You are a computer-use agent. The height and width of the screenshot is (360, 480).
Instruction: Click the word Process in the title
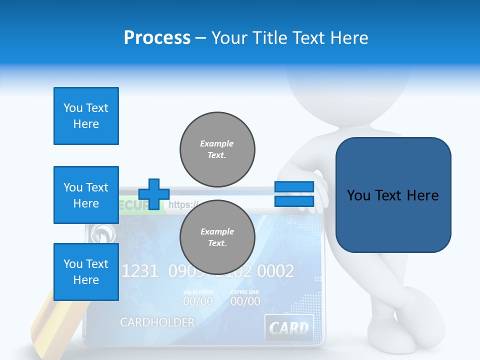(157, 38)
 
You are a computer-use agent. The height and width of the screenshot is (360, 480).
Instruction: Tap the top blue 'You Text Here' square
(86, 116)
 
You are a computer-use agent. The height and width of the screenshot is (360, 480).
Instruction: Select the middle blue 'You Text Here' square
(86, 195)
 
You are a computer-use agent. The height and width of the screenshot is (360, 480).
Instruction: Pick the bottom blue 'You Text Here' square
(86, 272)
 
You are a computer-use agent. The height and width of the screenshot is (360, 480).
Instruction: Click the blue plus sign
(154, 194)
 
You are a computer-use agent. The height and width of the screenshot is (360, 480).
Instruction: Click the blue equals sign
(294, 194)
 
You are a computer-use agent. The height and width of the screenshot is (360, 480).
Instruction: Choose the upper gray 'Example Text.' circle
(217, 149)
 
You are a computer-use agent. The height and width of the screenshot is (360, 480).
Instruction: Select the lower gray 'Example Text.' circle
(217, 237)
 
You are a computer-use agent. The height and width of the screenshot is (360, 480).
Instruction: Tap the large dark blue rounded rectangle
(393, 195)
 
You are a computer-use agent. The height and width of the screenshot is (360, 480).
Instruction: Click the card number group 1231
(140, 271)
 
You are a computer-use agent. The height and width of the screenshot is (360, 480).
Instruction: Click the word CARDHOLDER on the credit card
(157, 322)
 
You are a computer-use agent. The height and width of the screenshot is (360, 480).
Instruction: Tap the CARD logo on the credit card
(289, 328)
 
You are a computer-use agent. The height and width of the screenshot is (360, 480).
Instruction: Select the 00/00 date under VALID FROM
(198, 301)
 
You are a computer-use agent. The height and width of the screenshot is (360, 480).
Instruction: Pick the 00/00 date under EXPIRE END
(245, 301)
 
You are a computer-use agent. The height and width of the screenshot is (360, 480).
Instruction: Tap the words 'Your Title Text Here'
(289, 38)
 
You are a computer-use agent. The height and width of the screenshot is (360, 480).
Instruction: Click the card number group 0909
(184, 271)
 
